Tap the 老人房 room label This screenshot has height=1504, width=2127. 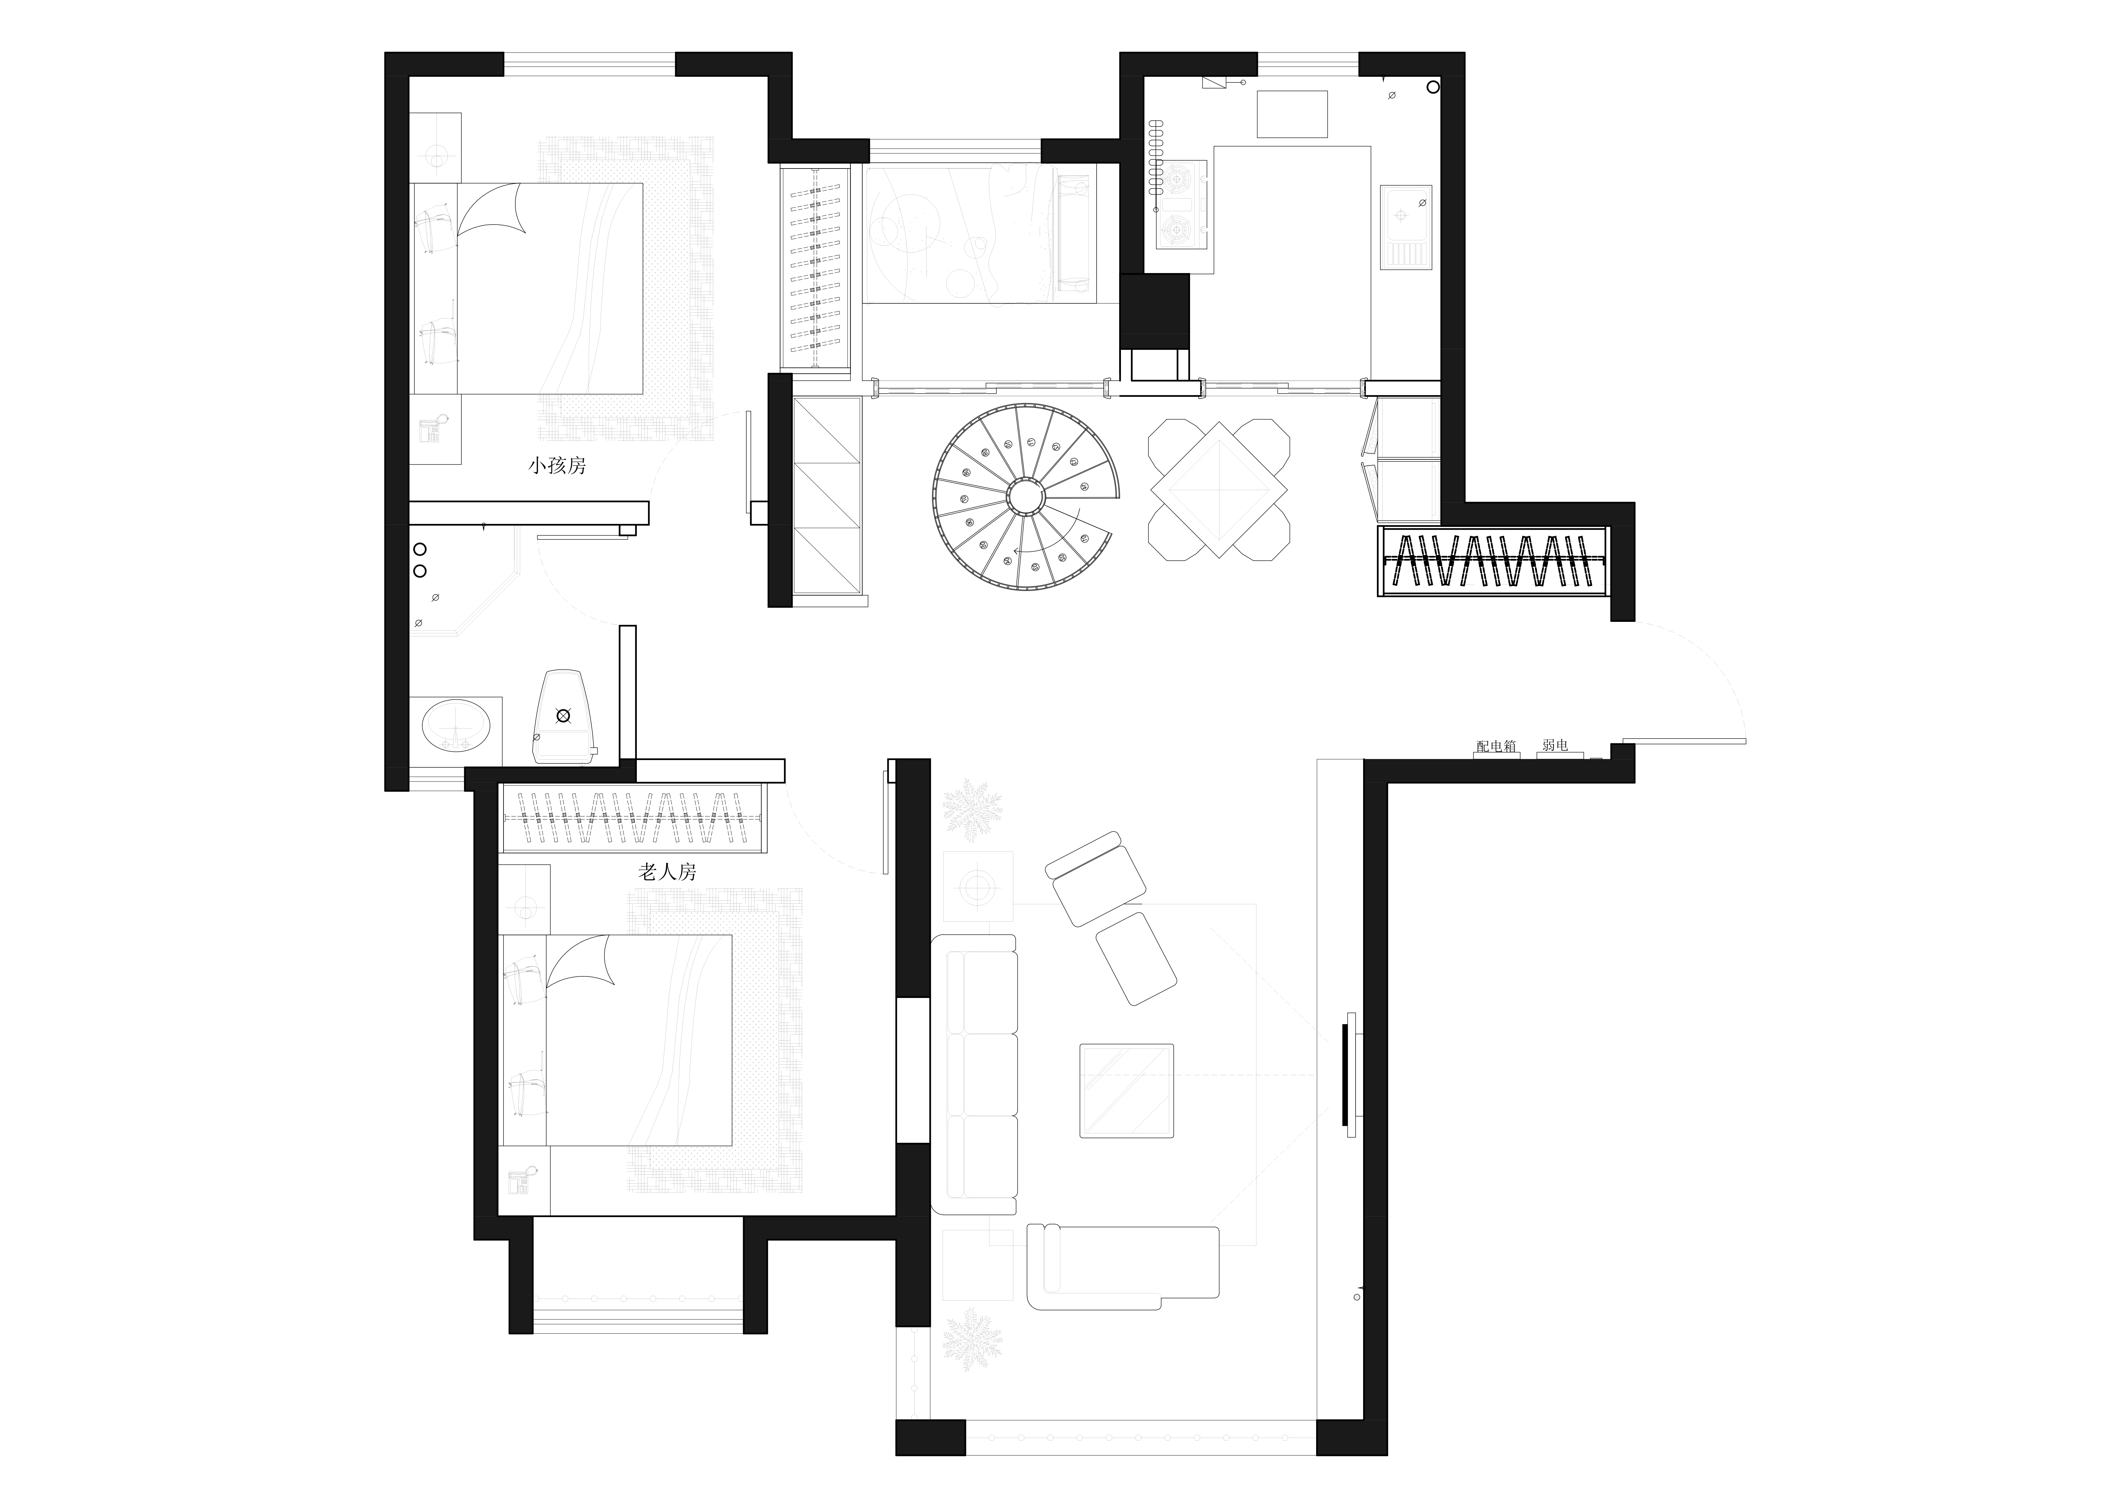(667, 872)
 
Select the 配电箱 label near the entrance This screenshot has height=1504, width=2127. (1496, 745)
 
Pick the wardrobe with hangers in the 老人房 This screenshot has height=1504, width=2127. (634, 818)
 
